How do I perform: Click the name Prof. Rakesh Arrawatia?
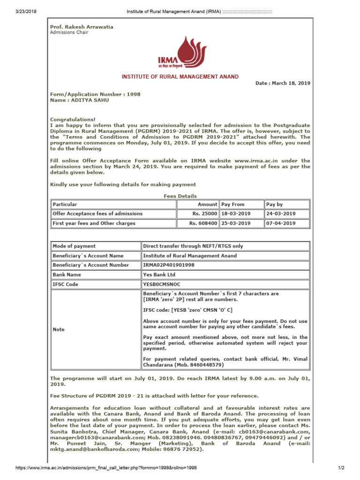tap(82, 27)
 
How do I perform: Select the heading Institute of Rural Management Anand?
tap(180, 76)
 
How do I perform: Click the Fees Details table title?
tap(180, 196)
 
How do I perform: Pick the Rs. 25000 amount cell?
tap(205, 214)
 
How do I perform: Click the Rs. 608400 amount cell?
tap(203, 223)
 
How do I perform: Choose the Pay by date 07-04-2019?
tap(281, 223)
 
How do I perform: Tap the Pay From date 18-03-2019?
tap(236, 214)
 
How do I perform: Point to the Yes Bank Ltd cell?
tap(159, 275)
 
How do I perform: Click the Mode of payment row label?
tap(74, 246)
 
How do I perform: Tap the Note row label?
tap(59, 330)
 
